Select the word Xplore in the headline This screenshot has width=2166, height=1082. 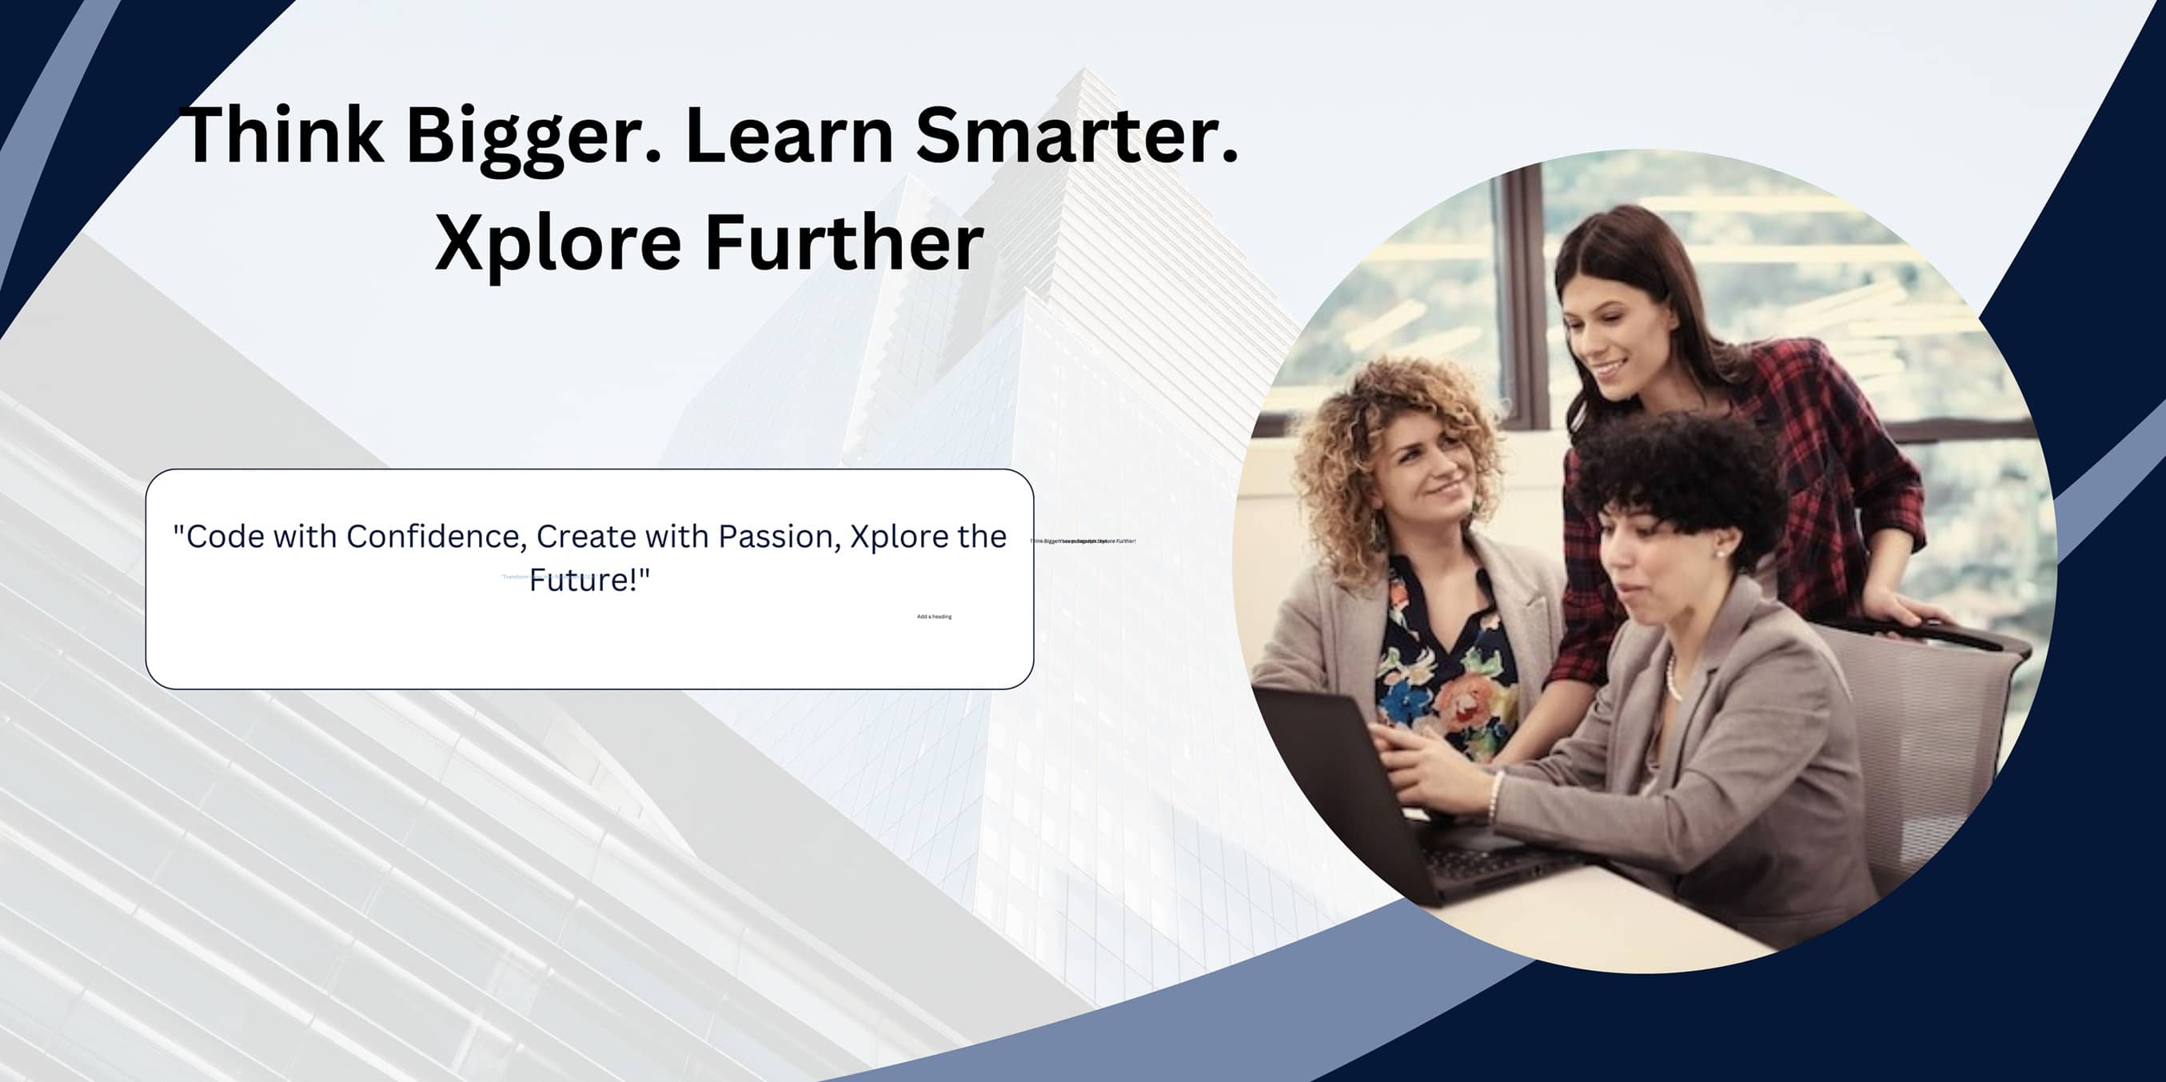click(556, 244)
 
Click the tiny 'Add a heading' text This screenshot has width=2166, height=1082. click(934, 617)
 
